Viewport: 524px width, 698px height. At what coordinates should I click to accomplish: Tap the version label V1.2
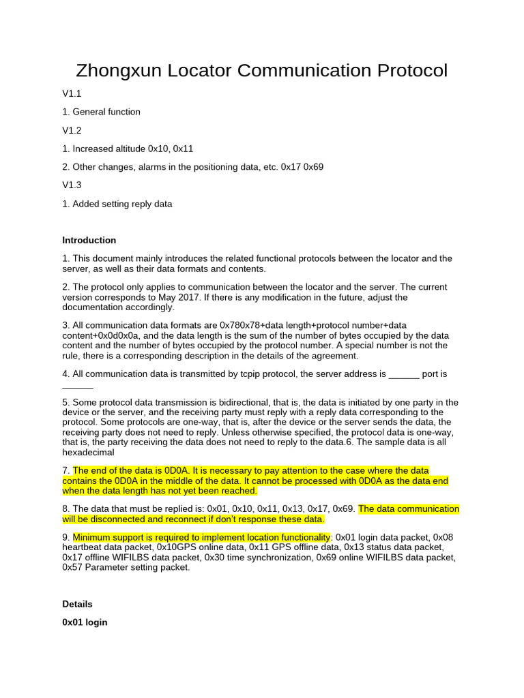[72, 130]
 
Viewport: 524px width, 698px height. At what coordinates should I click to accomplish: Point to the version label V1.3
[72, 185]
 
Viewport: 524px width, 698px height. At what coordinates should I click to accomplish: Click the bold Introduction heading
[89, 240]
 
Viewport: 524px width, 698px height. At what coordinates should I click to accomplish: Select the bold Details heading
[77, 604]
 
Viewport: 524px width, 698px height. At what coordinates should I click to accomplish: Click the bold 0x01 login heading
[85, 622]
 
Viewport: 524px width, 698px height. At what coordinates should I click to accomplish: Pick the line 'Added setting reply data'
[122, 203]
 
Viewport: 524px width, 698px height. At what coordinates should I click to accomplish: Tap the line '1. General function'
[101, 112]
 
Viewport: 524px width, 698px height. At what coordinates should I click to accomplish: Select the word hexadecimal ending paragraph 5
[88, 451]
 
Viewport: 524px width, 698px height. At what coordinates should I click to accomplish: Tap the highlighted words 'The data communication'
[409, 509]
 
